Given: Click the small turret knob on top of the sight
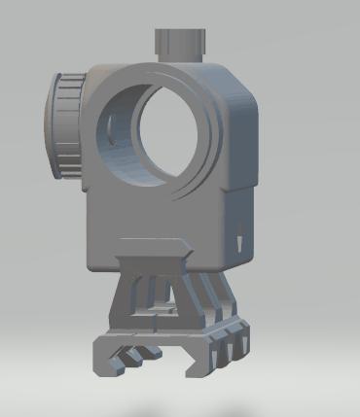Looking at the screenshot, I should pyautogui.click(x=181, y=42).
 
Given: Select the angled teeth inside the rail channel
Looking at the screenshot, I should pyautogui.click(x=136, y=354).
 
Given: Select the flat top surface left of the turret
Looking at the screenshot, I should pyautogui.click(x=126, y=66).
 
